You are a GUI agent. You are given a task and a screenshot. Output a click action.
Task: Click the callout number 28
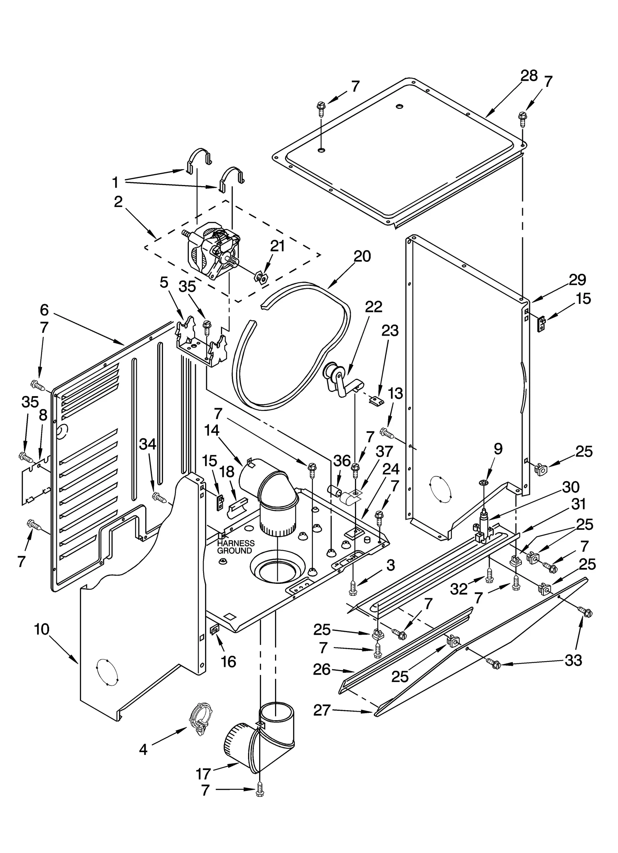[x=529, y=76]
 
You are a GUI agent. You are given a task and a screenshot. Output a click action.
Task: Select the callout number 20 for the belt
[x=362, y=256]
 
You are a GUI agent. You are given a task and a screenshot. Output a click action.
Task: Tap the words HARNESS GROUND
[x=236, y=547]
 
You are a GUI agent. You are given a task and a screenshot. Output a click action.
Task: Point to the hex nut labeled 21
[x=261, y=277]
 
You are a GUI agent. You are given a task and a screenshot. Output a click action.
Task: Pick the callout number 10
[x=42, y=629]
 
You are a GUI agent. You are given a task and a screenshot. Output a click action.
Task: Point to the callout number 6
[x=44, y=310]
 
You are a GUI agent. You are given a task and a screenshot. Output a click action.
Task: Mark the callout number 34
[x=148, y=444]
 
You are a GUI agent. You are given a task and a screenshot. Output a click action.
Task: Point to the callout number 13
[x=395, y=393]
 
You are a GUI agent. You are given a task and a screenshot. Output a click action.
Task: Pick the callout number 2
[x=118, y=201]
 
